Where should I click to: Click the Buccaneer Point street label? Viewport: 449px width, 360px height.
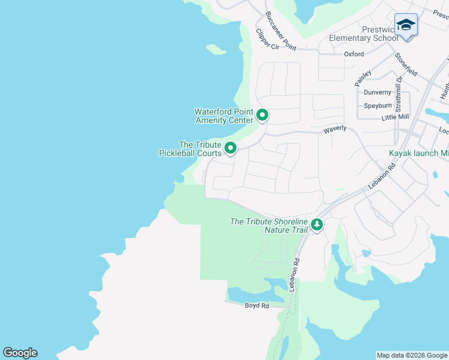point(280,30)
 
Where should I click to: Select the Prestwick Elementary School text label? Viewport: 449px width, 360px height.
point(363,34)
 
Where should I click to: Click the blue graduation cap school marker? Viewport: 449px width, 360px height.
point(406,25)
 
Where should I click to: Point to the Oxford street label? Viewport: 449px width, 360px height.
point(354,54)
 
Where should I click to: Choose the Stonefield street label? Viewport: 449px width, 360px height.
point(406,64)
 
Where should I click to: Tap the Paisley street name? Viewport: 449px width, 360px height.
point(363,76)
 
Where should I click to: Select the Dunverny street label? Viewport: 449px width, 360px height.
point(377,92)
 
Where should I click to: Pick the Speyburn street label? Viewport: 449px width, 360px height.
point(378,106)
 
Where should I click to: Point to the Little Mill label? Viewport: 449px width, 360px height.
point(394,117)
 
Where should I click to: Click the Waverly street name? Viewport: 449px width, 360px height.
point(335,129)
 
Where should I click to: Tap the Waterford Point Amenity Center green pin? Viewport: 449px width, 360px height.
point(262,114)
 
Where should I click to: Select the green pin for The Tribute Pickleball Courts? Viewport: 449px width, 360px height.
point(231,148)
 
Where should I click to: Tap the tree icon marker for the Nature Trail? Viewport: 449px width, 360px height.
point(317,226)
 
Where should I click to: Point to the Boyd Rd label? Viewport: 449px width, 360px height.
point(257,305)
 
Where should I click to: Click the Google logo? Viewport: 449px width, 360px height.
point(20,353)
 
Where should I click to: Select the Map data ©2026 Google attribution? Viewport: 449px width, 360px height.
point(412,355)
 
